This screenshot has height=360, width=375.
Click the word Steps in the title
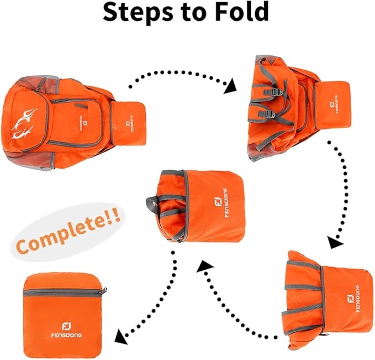[x=142, y=13]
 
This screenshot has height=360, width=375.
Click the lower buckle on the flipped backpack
[x=268, y=114]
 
